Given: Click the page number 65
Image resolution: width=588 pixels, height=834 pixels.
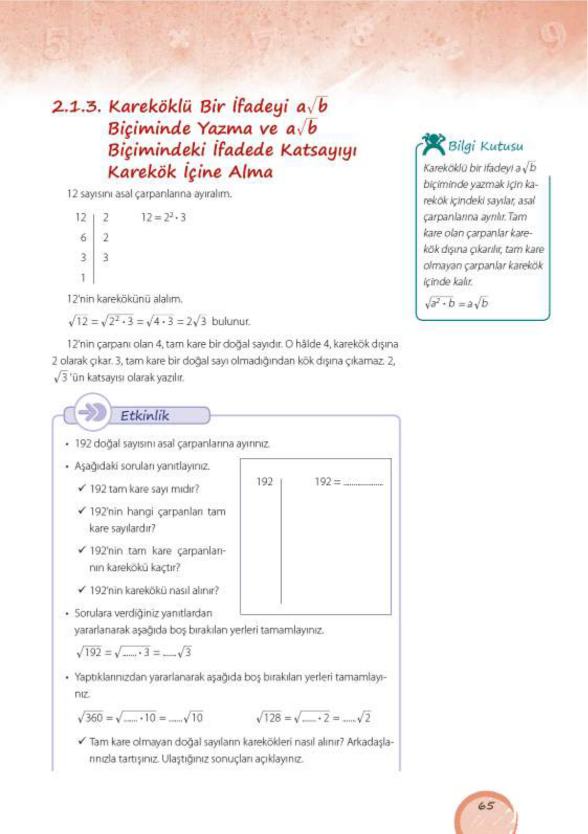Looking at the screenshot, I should (486, 805).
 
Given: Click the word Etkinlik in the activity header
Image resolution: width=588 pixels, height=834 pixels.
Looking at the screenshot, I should (145, 416).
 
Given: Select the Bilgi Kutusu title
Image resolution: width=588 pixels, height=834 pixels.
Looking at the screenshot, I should (485, 146).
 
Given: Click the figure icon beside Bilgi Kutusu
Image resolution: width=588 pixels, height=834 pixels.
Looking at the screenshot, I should (434, 144).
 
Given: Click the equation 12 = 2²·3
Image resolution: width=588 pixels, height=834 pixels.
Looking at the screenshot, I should (163, 217).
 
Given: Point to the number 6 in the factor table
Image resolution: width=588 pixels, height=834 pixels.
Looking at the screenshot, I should (83, 238).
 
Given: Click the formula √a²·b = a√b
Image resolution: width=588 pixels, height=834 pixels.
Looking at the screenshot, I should (456, 303).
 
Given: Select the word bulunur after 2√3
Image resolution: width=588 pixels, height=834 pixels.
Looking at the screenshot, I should (231, 321).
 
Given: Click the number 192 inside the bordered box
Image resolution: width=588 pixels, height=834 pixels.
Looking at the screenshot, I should (264, 481).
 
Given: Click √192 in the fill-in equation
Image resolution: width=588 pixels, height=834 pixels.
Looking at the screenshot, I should (90, 652).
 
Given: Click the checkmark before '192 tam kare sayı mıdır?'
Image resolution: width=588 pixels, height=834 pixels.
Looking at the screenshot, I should (82, 488).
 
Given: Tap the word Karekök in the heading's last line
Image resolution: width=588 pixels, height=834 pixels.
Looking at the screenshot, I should (142, 172).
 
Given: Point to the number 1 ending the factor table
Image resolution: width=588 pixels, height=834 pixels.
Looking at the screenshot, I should (83, 278).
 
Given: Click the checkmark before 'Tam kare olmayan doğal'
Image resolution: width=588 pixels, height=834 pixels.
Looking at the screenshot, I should (82, 741).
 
